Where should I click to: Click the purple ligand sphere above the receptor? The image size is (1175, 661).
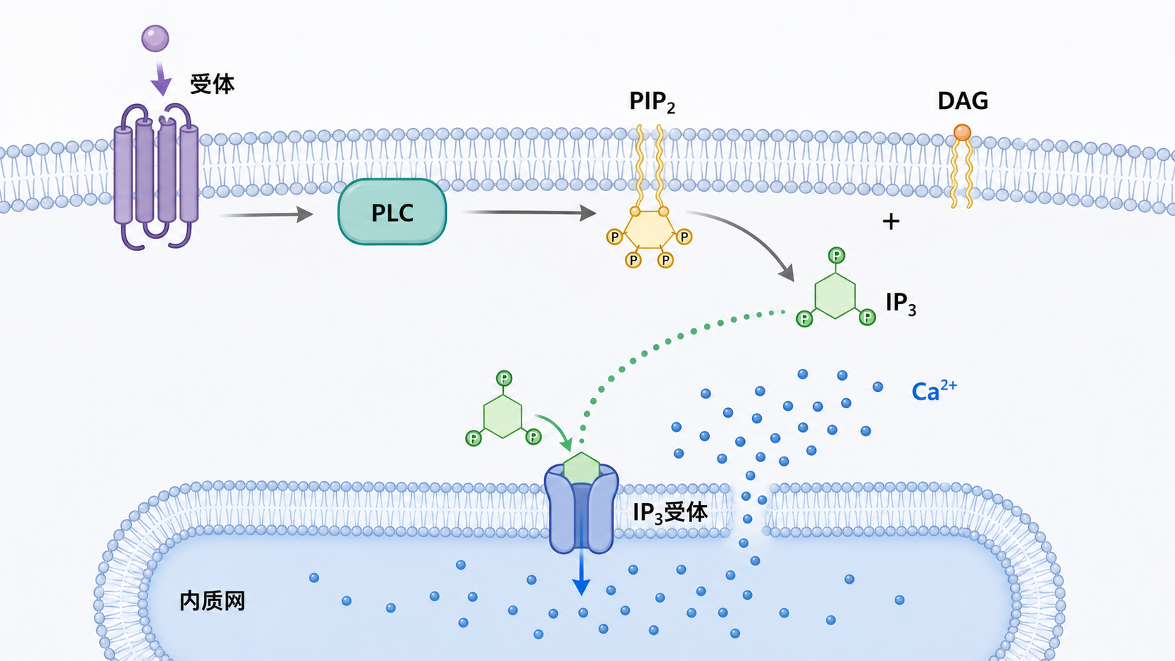coord(155,39)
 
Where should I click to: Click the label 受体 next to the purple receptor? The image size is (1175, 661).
coord(212,84)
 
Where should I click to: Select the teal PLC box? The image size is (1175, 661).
coord(392,211)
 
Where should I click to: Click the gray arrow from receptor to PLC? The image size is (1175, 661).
coord(266,214)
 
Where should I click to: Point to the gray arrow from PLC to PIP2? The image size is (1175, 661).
coord(530,212)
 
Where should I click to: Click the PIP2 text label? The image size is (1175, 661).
coord(652,102)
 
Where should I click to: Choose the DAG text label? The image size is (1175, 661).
coord(963,100)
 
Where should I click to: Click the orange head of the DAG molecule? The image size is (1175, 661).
coord(962,132)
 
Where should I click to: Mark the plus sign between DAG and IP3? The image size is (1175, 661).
coord(890,221)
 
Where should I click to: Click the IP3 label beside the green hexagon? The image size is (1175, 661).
coord(901,303)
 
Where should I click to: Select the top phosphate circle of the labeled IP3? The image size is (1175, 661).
coord(836,256)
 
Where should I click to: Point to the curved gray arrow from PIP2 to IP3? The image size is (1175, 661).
coord(755,234)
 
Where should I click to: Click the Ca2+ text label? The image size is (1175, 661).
coord(934,391)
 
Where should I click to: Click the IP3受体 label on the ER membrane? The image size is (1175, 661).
coord(670,513)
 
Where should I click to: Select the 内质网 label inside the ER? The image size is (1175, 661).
coord(212,601)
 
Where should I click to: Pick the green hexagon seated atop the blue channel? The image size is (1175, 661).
coord(581,468)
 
